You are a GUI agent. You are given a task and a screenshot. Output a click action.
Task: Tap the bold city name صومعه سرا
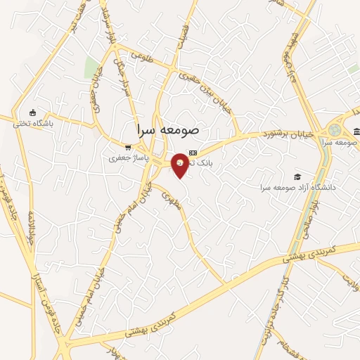click(169, 131)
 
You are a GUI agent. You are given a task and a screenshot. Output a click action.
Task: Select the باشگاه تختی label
click(33, 123)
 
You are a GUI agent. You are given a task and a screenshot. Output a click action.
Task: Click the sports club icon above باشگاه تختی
click(32, 112)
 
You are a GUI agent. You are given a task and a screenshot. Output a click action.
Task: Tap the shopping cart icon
click(127, 148)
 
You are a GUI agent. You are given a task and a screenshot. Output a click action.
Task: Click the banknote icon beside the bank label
click(193, 152)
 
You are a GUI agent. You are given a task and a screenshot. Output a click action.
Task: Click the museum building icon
click(356, 132)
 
